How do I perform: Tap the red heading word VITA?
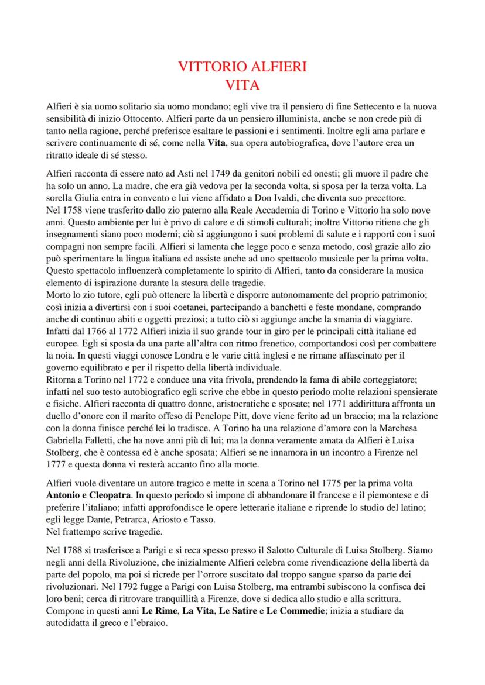(x=243, y=85)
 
